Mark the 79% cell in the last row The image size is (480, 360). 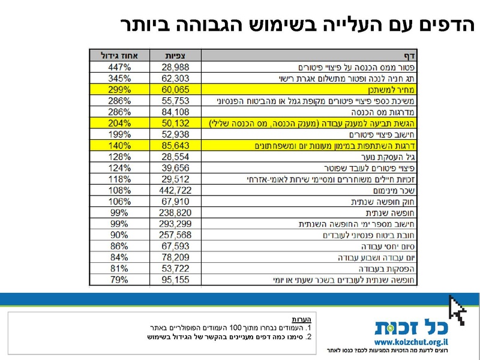[x=120, y=280]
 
